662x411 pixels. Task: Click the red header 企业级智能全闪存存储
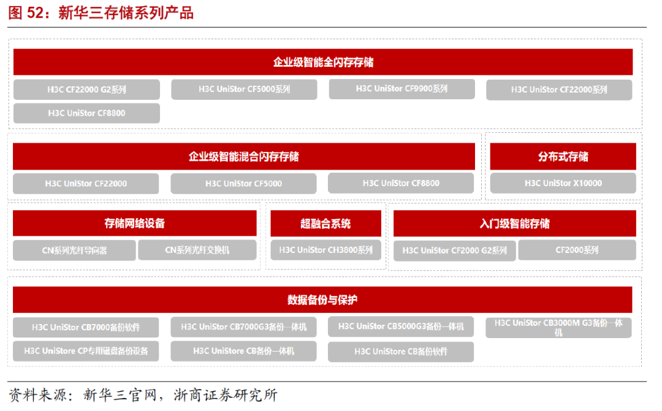point(323,62)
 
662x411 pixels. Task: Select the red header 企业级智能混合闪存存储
point(243,157)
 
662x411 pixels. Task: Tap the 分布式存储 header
point(563,157)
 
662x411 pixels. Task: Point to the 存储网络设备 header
point(134,224)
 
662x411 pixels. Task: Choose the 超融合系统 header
point(325,224)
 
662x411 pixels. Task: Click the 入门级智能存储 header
point(514,224)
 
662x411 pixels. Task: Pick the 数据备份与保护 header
point(322,300)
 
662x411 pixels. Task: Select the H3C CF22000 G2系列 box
point(86,89)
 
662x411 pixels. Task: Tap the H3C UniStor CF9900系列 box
point(401,89)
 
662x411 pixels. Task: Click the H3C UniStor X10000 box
point(563,183)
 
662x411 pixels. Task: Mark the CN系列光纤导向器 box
point(74,251)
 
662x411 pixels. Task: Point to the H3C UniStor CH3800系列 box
point(325,250)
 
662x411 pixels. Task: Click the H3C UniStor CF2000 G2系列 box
point(454,251)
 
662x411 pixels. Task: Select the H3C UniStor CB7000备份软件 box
point(86,327)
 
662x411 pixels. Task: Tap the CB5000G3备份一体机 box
point(401,326)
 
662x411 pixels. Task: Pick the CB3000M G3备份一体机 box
point(558,327)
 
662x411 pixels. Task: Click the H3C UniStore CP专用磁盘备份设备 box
point(86,352)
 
